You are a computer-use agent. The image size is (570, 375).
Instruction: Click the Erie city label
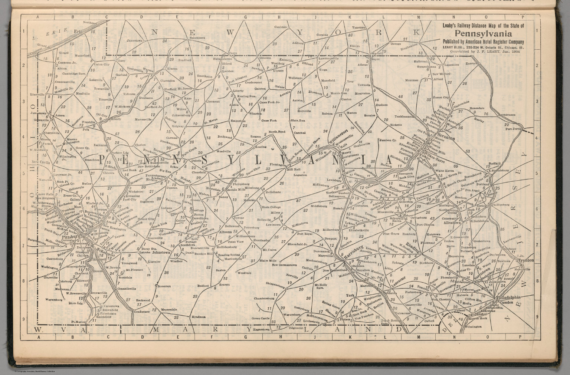point(78,32)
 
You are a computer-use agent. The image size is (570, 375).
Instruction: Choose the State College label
point(271,207)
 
